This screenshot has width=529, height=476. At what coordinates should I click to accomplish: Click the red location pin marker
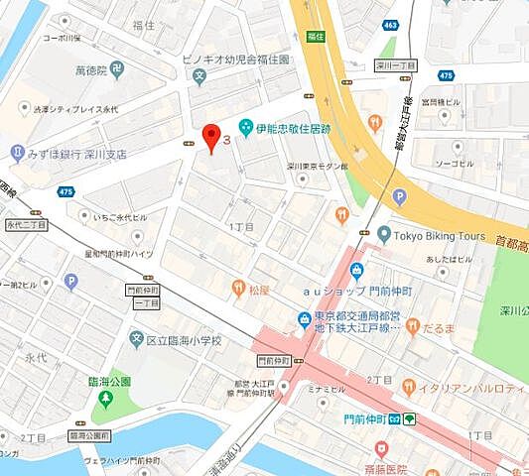[x=209, y=137]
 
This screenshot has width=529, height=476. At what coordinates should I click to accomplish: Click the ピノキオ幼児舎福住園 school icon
[x=199, y=74]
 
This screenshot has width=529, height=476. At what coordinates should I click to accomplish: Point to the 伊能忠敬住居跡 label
[x=292, y=129]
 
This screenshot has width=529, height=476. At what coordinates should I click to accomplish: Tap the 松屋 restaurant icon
[x=238, y=289]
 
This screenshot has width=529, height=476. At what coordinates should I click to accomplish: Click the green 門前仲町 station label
[x=366, y=418]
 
